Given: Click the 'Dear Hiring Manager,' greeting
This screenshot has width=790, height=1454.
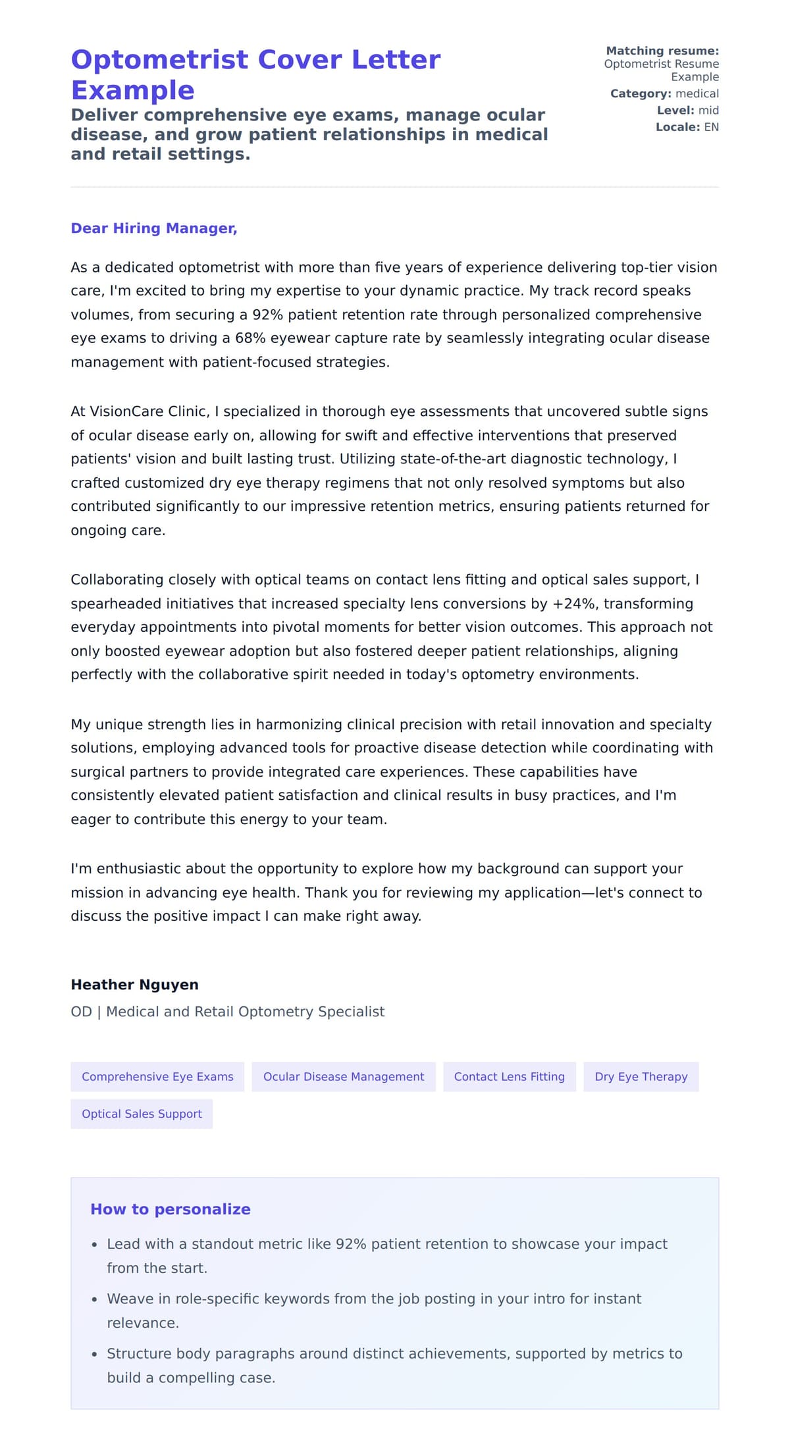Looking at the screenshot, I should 153,228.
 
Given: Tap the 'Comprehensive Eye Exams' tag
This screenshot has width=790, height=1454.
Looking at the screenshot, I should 157,1077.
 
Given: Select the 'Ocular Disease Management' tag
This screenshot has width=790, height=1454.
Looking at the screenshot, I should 343,1077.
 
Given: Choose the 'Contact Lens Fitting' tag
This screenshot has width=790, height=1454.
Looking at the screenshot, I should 509,1077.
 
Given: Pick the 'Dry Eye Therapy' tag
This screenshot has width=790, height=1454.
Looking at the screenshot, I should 641,1077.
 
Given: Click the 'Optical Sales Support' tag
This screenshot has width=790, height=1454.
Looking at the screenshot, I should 142,1114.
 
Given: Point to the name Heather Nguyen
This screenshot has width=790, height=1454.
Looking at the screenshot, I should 134,985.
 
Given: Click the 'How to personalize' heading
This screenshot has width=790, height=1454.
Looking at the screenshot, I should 170,1209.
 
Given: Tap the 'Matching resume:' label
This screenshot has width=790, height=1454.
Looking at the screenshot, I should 662,51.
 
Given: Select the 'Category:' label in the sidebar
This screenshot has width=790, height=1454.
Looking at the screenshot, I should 641,93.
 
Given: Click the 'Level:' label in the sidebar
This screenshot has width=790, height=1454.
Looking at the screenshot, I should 675,111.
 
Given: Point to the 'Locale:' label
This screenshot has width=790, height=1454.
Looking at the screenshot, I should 677,127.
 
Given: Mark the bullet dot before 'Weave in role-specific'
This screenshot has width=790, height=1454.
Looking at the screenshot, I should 95,1299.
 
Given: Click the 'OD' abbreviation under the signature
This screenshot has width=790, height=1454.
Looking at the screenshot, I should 81,1012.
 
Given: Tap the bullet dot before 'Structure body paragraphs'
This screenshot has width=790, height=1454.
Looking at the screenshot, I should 95,1354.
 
